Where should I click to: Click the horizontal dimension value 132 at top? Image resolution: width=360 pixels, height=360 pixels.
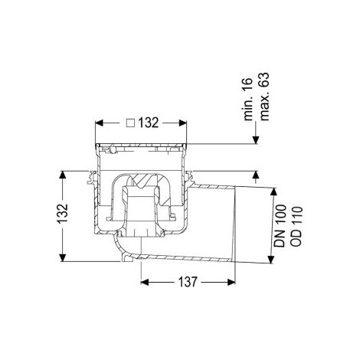click(149, 123)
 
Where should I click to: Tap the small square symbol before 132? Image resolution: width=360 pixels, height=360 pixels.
click(131, 123)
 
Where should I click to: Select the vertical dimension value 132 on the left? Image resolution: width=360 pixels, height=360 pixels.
click(62, 214)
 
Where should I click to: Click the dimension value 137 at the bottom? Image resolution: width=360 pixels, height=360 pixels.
click(188, 282)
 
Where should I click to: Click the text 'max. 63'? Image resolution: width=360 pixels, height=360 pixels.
click(264, 97)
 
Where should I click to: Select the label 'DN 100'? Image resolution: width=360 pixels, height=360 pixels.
click(280, 225)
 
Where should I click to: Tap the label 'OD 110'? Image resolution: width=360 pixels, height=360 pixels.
click(296, 226)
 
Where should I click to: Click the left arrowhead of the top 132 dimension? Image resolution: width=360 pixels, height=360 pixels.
click(99, 123)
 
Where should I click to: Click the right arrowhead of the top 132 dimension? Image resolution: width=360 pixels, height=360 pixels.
click(182, 123)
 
